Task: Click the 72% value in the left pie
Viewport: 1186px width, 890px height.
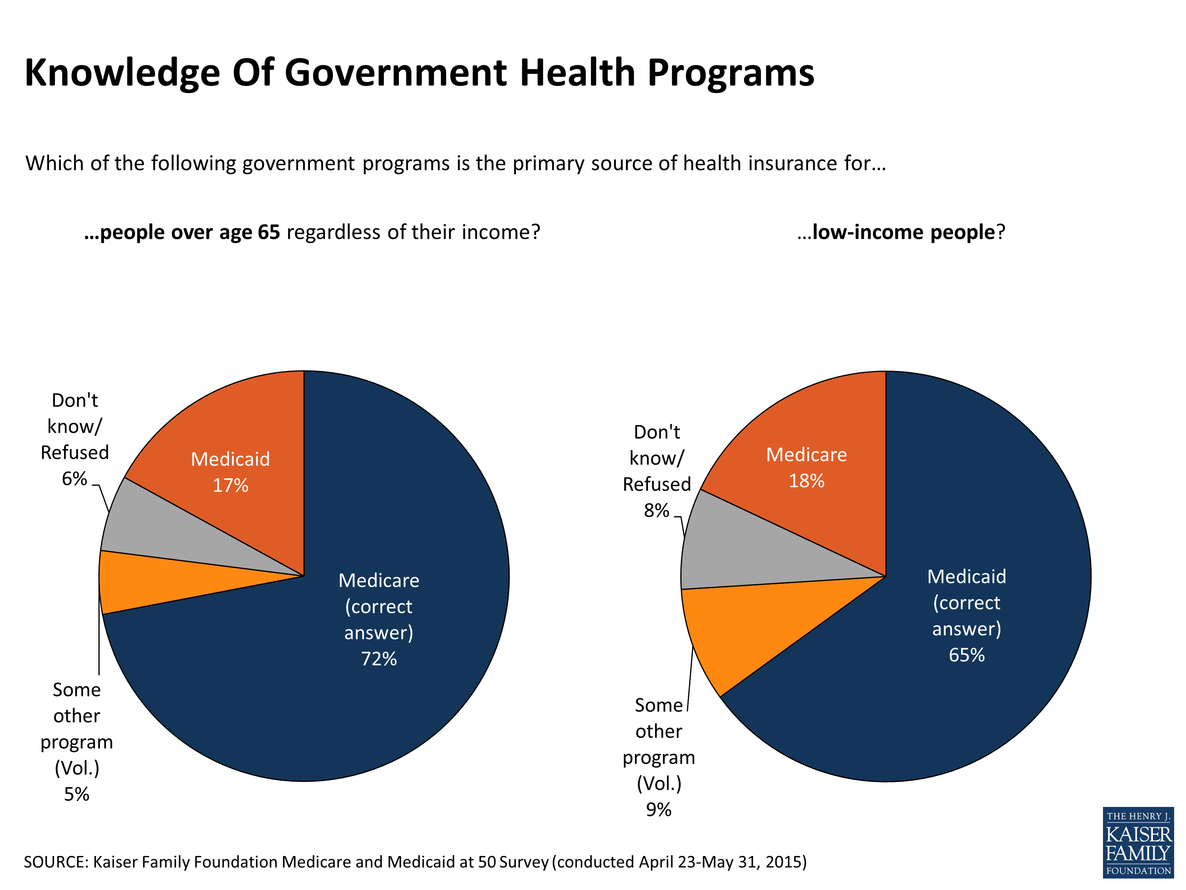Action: [379, 659]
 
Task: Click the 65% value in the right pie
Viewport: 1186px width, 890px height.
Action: [967, 655]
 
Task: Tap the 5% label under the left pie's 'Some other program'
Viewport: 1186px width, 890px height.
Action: [76, 794]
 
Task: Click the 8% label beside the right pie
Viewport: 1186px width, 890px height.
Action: [656, 510]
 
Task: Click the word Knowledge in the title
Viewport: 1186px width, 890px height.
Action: [122, 72]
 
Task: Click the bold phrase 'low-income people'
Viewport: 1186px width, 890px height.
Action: [903, 232]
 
